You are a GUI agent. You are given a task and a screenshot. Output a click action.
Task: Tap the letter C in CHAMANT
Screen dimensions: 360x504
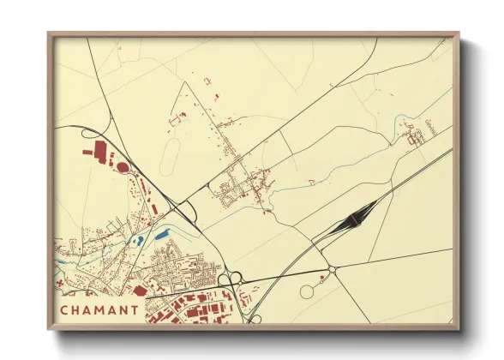64,309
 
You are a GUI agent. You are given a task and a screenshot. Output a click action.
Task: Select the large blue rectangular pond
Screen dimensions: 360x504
162,233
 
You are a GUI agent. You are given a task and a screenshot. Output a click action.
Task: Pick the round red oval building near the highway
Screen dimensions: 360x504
122,166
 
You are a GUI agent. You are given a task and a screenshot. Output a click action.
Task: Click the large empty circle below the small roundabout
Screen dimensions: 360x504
307,292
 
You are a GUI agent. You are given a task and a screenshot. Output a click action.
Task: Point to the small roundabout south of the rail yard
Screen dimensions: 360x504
332,269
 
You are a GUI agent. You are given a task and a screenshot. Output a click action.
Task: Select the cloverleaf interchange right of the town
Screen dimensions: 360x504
231,279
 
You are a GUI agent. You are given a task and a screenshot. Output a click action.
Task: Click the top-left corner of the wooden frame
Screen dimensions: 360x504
50,34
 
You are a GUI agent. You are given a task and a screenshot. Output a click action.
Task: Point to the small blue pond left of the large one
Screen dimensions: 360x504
138,241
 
